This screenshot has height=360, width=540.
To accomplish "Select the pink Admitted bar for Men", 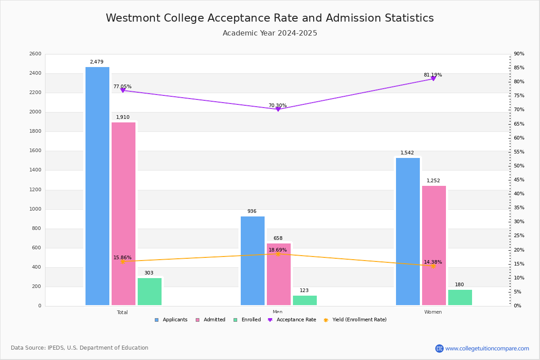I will coord(279,274).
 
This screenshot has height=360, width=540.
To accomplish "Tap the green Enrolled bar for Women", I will coord(460,297).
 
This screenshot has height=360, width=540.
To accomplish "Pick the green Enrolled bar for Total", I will coord(149,292).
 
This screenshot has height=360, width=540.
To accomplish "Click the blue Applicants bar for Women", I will coord(408,231).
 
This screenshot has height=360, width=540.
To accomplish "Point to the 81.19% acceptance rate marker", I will coord(433,79).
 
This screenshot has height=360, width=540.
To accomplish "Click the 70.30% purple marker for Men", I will coord(278,109).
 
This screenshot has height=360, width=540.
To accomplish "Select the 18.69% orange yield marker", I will coord(278,254).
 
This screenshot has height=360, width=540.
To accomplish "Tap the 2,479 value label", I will coord(96,62).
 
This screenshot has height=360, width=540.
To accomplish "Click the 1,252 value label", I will coord(433,181).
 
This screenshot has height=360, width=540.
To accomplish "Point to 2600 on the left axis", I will coord(35,54).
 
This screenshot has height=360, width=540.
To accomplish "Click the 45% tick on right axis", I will coord(519,180).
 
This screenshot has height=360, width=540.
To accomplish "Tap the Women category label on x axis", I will coord(433,312).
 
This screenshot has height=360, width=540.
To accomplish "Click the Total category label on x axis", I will coord(122,312).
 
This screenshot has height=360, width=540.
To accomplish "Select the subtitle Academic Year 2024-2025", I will coord(270,33).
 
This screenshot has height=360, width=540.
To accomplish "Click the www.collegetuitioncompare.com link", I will coord(487,348).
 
